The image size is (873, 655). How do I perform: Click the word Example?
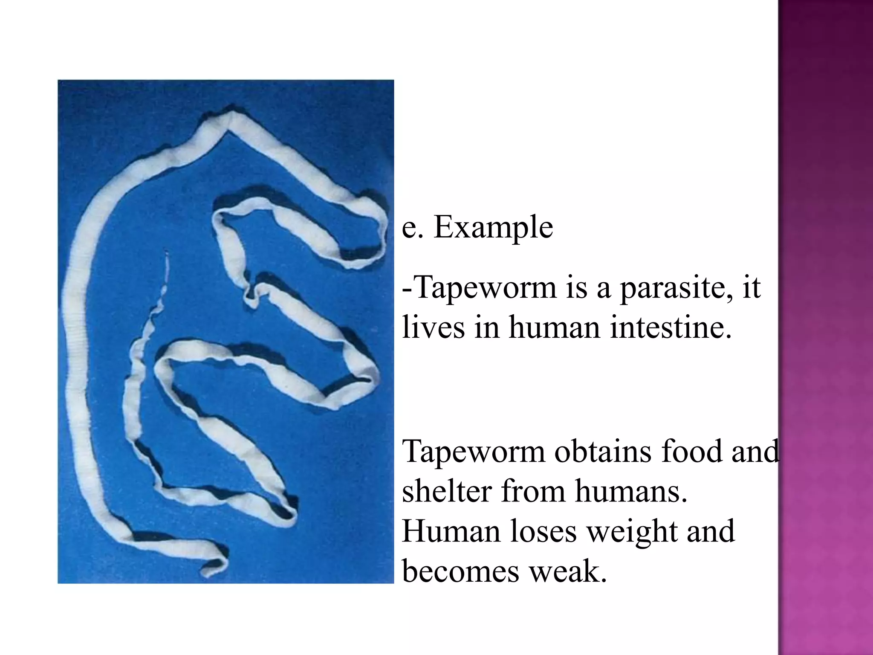493,227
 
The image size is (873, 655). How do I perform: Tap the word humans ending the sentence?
631,492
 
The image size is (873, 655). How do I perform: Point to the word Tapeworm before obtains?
474,452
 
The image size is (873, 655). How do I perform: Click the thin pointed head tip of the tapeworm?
167,254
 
